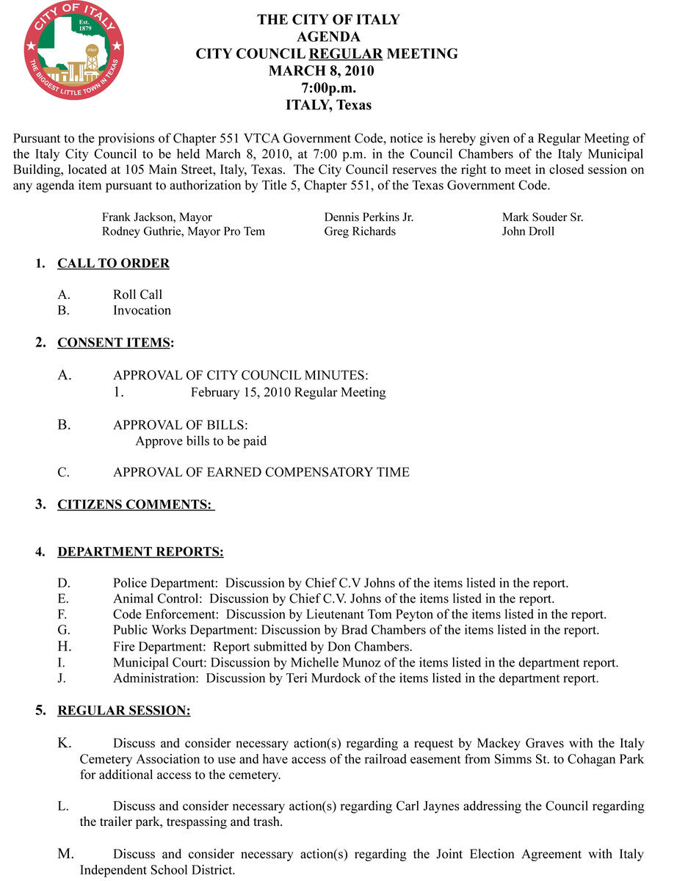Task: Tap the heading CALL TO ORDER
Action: point(113,264)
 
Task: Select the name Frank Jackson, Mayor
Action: point(157,217)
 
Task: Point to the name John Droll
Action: point(528,231)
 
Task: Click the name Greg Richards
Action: point(360,231)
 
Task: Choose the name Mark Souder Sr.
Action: point(543,217)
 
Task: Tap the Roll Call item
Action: point(137,294)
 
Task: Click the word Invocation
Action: point(142,311)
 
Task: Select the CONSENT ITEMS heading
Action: point(114,343)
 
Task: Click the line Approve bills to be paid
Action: point(200,441)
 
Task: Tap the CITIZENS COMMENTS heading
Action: point(134,504)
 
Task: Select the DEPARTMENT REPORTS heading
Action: point(140,551)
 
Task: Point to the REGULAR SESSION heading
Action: point(123,711)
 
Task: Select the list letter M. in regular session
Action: point(66,854)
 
